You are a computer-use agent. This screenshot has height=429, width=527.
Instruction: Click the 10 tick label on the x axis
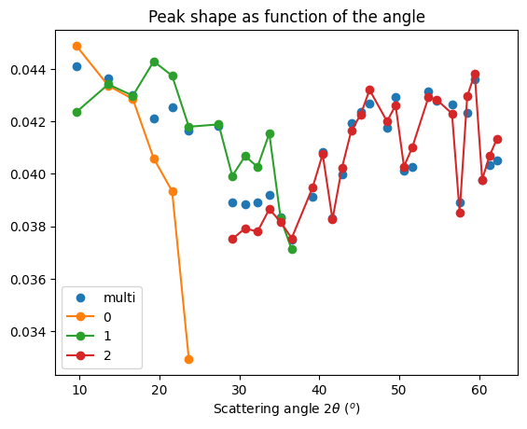click(x=79, y=389)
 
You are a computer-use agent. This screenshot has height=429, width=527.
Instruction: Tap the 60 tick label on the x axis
click(x=479, y=389)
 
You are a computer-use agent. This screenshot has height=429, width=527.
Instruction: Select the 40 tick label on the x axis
click(x=319, y=389)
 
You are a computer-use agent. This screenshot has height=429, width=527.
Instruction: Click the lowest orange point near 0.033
click(x=188, y=359)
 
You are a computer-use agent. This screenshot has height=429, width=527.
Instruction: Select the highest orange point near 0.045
click(x=76, y=46)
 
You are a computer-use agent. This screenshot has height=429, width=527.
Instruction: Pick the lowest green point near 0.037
click(x=292, y=249)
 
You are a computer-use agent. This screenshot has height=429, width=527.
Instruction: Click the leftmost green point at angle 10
click(x=76, y=112)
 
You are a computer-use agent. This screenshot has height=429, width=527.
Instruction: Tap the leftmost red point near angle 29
click(x=232, y=239)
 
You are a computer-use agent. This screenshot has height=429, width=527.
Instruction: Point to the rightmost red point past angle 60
click(x=497, y=139)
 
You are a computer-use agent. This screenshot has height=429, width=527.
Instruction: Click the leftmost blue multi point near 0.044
click(x=76, y=66)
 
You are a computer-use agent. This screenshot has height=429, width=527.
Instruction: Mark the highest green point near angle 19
click(x=154, y=62)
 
